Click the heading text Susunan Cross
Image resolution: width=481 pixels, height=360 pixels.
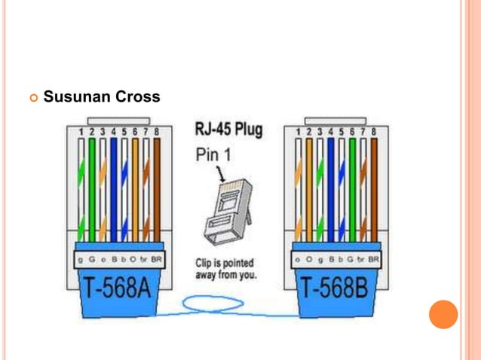(x=101, y=98)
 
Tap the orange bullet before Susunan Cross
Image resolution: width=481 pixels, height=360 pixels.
(x=32, y=98)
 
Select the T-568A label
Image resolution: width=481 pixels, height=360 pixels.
(x=120, y=289)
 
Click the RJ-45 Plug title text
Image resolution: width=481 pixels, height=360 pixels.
(x=228, y=130)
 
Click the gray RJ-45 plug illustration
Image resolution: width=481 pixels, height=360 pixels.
(x=225, y=211)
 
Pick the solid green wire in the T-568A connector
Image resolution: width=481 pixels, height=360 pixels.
(x=93, y=188)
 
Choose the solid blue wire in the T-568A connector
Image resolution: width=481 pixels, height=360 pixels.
(x=114, y=188)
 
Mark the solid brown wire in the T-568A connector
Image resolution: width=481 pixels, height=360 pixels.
(x=157, y=188)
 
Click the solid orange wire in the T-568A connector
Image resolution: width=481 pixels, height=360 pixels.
(x=136, y=188)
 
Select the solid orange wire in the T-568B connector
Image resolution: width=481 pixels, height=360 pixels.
(x=308, y=188)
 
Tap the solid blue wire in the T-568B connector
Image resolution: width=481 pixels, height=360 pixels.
(x=330, y=188)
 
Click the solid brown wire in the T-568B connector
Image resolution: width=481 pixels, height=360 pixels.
(x=373, y=188)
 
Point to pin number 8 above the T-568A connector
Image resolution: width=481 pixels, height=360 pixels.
(x=156, y=131)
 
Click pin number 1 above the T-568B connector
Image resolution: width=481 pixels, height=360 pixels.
(x=298, y=131)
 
